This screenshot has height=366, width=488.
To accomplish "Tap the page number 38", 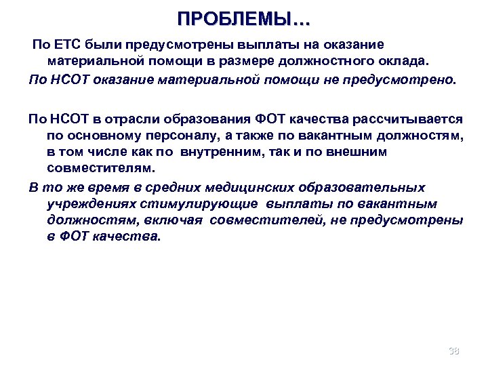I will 454,350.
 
